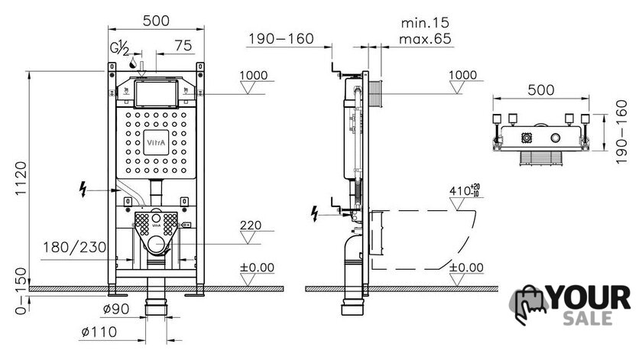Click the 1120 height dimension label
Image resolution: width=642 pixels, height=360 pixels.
21,179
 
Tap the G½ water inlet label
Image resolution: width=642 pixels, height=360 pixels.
119,48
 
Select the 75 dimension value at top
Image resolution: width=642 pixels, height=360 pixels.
183,45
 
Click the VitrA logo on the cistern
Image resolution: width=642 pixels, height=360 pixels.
156,142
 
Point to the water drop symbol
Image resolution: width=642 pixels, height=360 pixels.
133,63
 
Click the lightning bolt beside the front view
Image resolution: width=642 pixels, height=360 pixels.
83,190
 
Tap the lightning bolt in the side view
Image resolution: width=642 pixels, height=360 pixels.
314,214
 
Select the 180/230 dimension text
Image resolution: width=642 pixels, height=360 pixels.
75,248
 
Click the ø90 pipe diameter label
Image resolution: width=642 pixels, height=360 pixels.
116,309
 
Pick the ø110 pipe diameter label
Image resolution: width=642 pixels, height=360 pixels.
99,332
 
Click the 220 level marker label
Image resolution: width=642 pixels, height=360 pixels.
251,225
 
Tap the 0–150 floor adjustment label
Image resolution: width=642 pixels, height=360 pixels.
21,290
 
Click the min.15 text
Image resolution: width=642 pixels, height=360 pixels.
425,22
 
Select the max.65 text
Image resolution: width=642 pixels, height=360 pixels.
425,39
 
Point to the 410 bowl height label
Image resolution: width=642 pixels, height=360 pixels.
465,190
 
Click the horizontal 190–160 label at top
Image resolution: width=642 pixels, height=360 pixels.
281,39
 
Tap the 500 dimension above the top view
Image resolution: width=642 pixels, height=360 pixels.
541,89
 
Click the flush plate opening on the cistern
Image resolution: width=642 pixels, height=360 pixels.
156,94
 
